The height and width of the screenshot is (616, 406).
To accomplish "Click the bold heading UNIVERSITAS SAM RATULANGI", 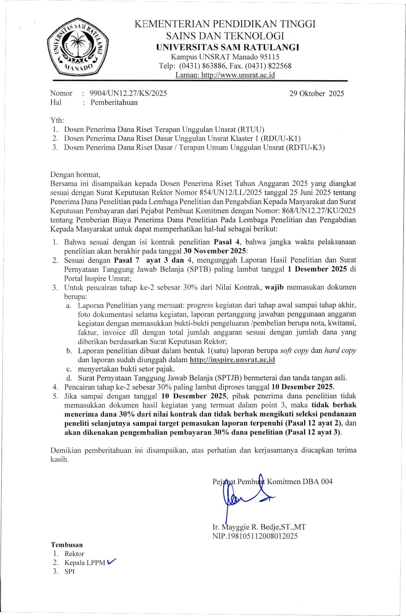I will (228, 47).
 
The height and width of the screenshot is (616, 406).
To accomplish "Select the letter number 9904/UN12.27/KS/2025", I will (128, 93).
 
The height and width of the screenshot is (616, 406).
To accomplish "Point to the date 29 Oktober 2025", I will (317, 93).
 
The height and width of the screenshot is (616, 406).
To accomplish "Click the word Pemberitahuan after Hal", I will (114, 102).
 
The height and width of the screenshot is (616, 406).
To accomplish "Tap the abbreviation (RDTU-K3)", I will (305, 147).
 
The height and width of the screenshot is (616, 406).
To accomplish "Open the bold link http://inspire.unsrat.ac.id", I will (232, 360).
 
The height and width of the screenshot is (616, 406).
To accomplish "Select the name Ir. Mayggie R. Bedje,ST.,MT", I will (259, 527).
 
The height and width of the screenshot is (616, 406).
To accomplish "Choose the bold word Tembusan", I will (67, 545).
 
